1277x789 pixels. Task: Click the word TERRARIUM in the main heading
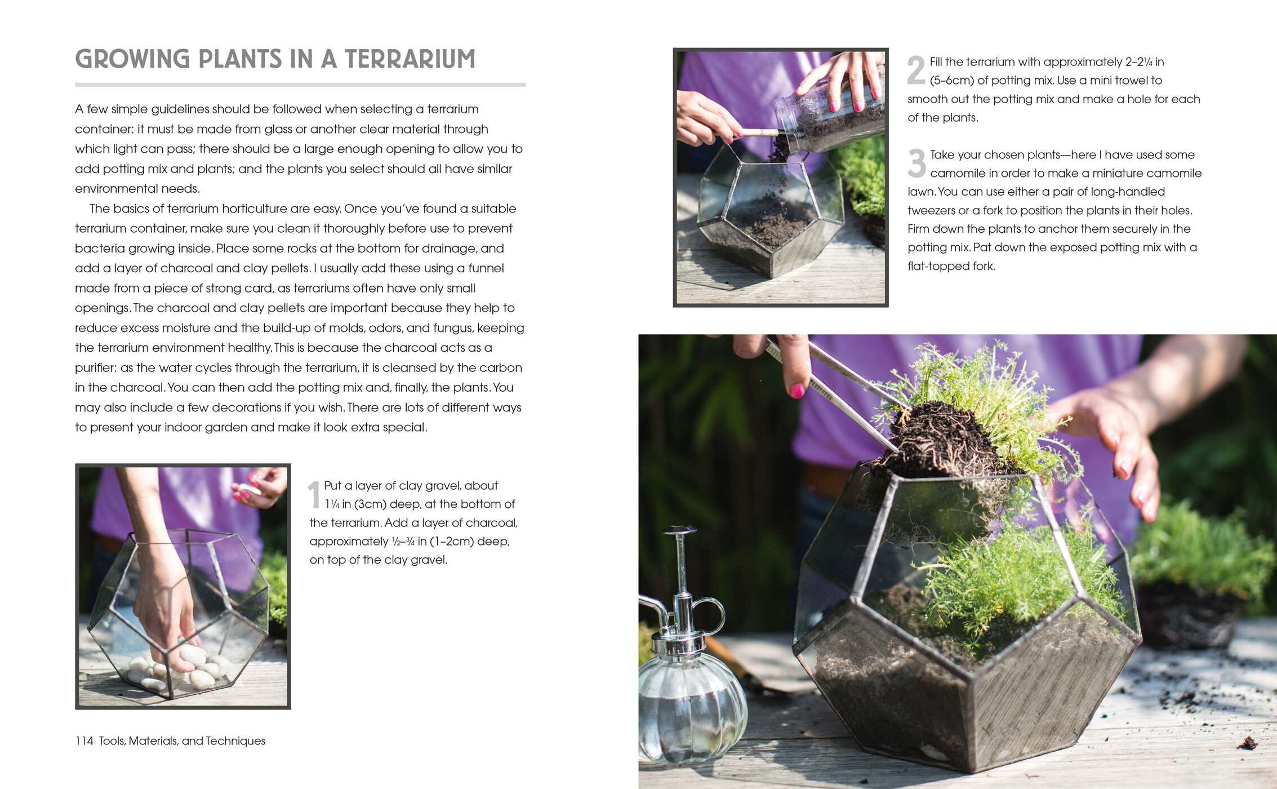click(x=410, y=59)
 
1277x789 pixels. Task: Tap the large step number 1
click(x=314, y=495)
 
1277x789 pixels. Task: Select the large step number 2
click(x=916, y=70)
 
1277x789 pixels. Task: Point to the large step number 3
click(x=916, y=163)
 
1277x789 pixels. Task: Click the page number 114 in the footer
click(x=84, y=741)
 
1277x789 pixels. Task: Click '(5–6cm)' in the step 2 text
click(x=951, y=81)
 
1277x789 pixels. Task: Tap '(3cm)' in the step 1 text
click(x=371, y=504)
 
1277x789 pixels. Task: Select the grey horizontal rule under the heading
click(x=300, y=85)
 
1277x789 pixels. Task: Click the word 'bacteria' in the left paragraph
click(x=100, y=249)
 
